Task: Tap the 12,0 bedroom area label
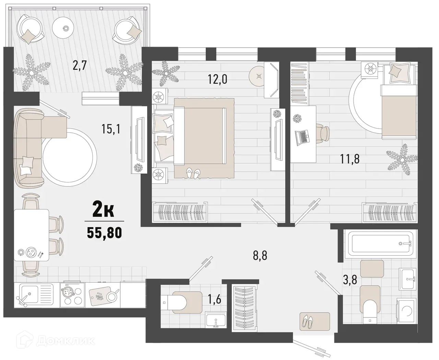(x=217, y=79)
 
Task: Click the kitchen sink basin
(x=29, y=294)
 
